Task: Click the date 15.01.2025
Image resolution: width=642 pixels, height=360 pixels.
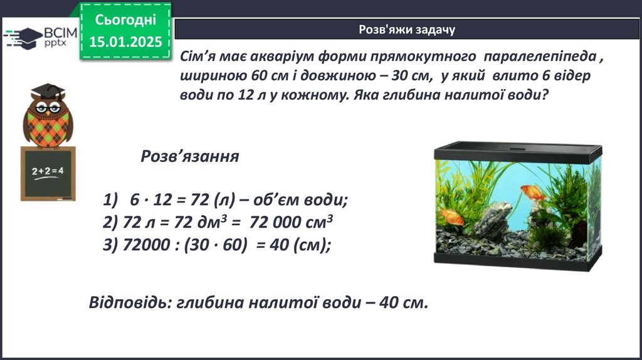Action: pyautogui.click(x=125, y=42)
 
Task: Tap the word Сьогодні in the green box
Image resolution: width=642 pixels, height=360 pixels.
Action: pyautogui.click(x=125, y=19)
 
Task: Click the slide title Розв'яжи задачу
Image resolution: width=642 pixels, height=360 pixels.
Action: pyautogui.click(x=407, y=29)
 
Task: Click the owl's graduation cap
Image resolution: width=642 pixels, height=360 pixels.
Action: pyautogui.click(x=48, y=92)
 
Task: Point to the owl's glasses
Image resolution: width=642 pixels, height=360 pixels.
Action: pyautogui.click(x=48, y=108)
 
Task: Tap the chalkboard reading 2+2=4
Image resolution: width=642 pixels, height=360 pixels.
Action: pyautogui.click(x=48, y=174)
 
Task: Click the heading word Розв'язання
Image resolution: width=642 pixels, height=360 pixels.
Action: pyautogui.click(x=190, y=156)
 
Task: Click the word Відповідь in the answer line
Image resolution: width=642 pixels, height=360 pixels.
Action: pyautogui.click(x=130, y=303)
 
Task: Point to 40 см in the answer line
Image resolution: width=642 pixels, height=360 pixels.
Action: pyautogui.click(x=403, y=303)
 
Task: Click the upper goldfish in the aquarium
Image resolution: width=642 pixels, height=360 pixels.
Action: pyautogui.click(x=533, y=193)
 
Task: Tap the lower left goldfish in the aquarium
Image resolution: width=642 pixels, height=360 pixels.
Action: pyautogui.click(x=451, y=216)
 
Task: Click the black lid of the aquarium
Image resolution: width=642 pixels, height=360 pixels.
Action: pyautogui.click(x=518, y=152)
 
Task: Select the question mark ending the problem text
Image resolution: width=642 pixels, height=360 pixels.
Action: pyautogui.click(x=544, y=95)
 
